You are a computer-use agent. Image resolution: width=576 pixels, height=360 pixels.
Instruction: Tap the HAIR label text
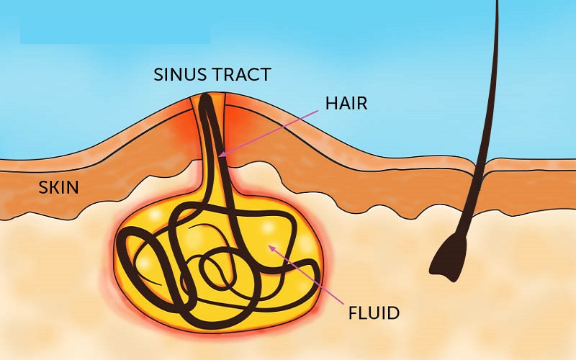coord(346,104)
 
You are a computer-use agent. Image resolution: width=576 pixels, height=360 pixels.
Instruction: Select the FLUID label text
coord(374,313)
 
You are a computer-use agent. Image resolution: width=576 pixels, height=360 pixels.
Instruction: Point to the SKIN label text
coord(58,187)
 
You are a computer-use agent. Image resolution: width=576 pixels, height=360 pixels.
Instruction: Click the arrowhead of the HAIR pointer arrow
coord(222,155)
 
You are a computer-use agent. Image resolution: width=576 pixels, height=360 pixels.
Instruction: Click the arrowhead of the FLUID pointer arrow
coord(272,248)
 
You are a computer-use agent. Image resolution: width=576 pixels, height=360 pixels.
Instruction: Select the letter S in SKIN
coord(43,187)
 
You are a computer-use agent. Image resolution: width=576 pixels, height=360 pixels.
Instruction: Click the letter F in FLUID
coord(353,313)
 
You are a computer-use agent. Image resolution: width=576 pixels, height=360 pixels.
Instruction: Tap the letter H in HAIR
coord(331,104)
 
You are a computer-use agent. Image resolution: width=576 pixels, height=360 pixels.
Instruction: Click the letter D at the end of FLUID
coord(394,313)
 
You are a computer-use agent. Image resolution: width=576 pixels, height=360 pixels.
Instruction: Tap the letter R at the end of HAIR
coord(362,104)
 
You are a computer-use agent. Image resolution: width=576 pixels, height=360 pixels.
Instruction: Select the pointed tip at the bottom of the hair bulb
coord(455,281)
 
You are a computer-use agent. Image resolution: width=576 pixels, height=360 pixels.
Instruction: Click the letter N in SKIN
coord(73,187)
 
